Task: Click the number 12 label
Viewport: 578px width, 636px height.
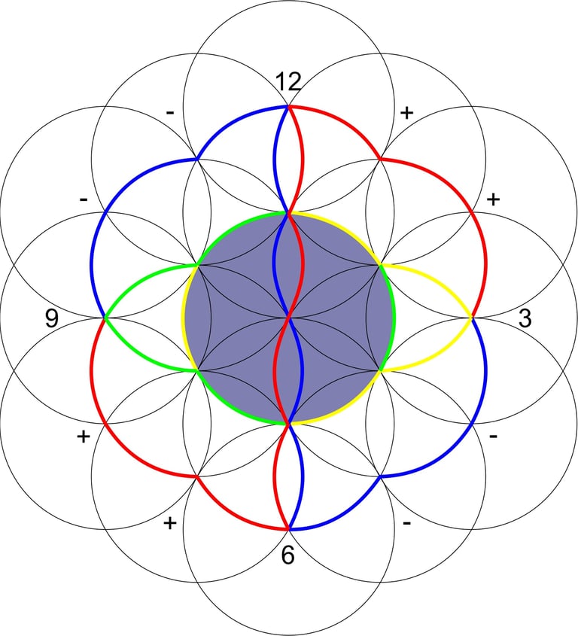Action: [288, 81]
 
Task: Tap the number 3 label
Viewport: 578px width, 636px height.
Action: [525, 318]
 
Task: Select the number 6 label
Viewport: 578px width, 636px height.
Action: [288, 555]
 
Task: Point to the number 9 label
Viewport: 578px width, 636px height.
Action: [51, 318]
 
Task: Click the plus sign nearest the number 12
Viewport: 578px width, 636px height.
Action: [406, 113]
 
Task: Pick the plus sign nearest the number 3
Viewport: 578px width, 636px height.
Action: [493, 199]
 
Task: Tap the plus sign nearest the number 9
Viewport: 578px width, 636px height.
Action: [84, 437]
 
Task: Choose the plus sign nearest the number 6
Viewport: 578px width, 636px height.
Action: [170, 523]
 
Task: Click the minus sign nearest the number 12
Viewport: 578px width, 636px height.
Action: [170, 113]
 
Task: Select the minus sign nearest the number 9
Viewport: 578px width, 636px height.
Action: [84, 199]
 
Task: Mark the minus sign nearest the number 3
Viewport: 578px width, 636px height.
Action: [493, 437]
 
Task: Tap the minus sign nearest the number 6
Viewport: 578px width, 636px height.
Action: [406, 523]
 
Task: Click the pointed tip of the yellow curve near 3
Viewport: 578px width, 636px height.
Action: [473, 318]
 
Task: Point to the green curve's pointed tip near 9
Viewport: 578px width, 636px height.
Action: [105, 318]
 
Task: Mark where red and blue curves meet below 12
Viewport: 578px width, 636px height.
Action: [288, 107]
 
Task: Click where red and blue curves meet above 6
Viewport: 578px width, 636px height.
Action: [288, 529]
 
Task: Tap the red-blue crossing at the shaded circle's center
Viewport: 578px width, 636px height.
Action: [288, 318]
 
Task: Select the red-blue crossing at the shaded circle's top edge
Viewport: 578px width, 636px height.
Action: [288, 213]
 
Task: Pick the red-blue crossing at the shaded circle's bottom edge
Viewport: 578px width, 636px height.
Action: [288, 423]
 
